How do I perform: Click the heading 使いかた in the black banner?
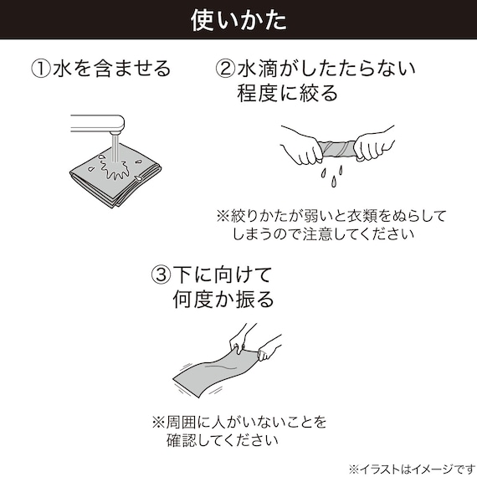pos(238,18)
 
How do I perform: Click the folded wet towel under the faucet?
pos(113,172)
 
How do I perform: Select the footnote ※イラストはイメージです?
pos(410,466)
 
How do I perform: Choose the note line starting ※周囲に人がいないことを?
pos(238,420)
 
